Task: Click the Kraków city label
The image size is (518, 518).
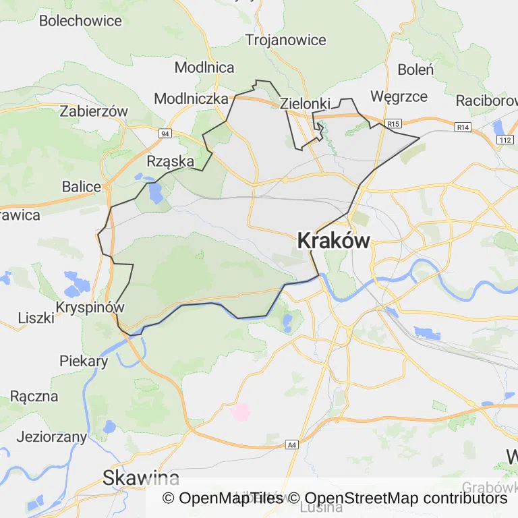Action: (333, 241)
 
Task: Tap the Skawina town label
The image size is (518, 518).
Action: (141, 478)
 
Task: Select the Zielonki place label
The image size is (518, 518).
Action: (305, 104)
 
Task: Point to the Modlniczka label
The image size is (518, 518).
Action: (192, 98)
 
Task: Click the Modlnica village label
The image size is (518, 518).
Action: (204, 67)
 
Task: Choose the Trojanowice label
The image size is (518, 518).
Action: (286, 40)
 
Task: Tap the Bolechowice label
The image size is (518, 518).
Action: (80, 20)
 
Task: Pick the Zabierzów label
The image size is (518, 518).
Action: (94, 111)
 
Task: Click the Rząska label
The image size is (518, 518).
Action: (171, 161)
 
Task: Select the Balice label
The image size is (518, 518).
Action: (82, 187)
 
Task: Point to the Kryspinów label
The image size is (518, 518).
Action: (92, 308)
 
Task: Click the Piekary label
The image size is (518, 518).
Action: (84, 361)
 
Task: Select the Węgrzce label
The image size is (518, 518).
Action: (399, 96)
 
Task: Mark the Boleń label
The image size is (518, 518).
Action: (415, 69)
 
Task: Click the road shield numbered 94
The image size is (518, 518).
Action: (165, 134)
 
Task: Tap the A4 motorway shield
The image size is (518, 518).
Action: (291, 445)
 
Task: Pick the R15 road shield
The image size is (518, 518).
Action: (395, 123)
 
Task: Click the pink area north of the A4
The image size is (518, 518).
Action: (240, 411)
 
